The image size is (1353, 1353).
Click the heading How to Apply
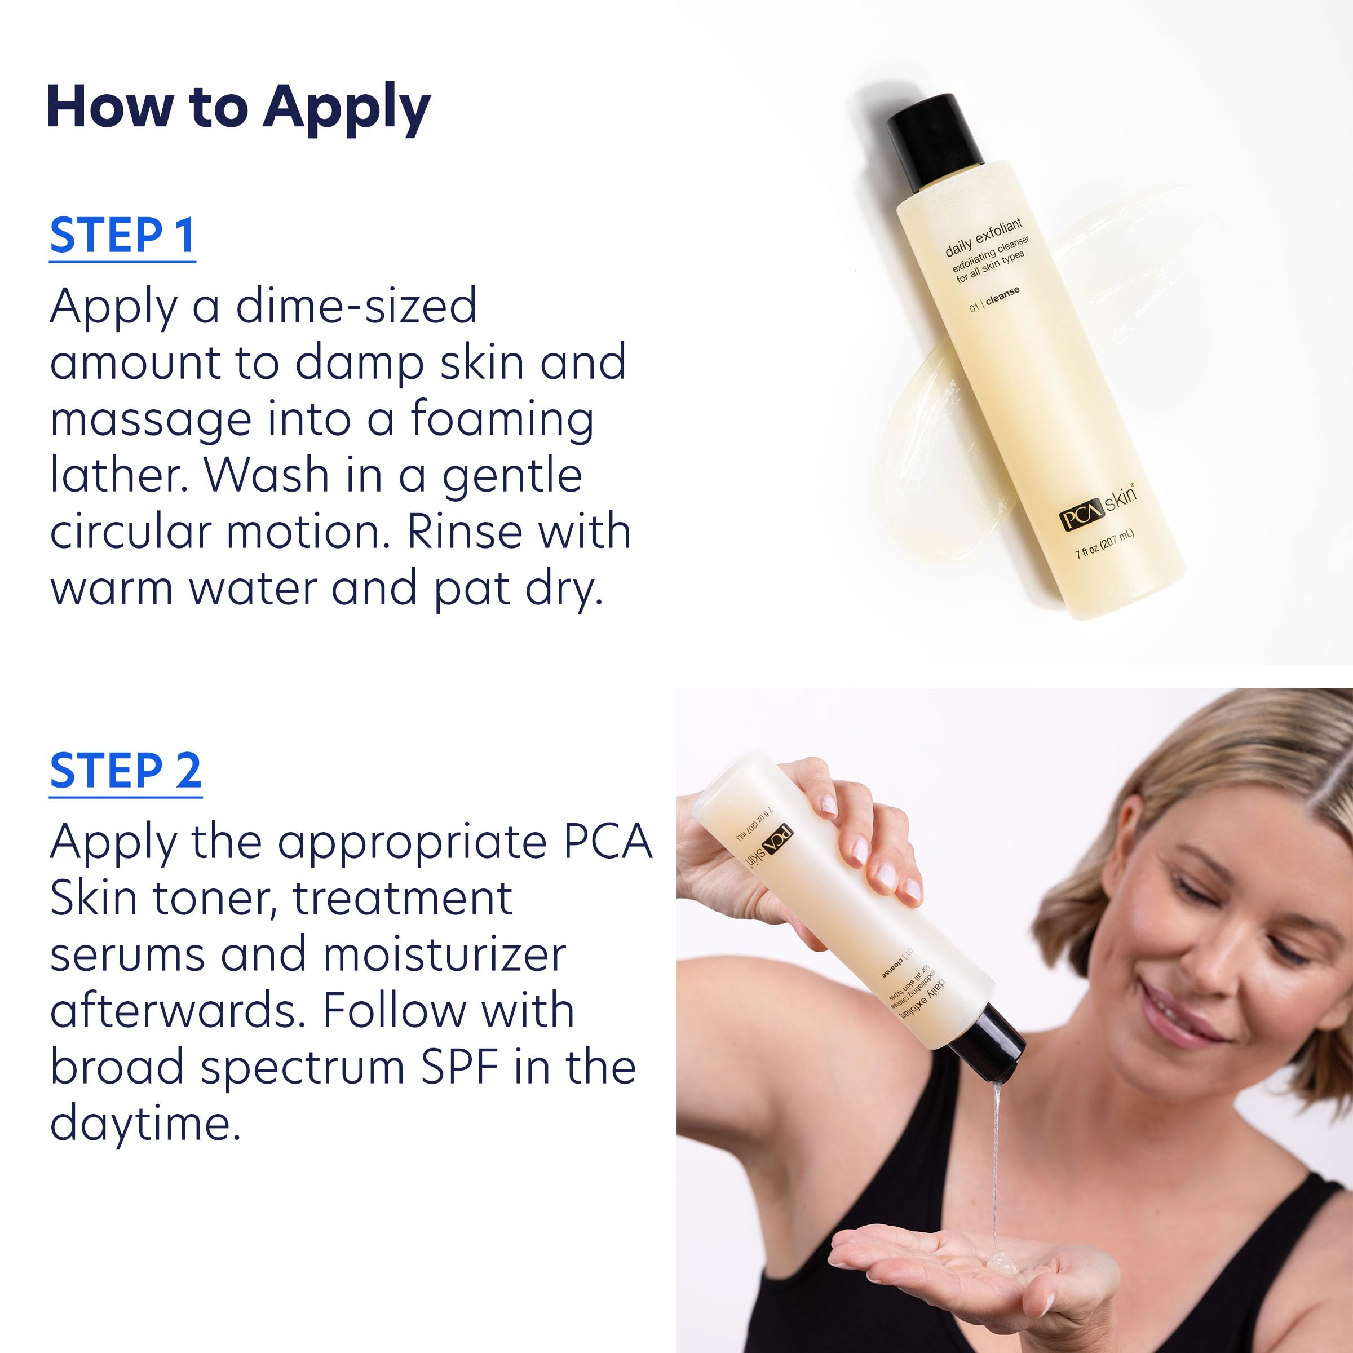point(238,107)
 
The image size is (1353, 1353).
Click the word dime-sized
point(356,306)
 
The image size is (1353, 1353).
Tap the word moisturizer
point(445,954)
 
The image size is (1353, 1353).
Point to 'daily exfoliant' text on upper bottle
point(983,237)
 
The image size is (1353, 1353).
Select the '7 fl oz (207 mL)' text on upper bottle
point(1104,544)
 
